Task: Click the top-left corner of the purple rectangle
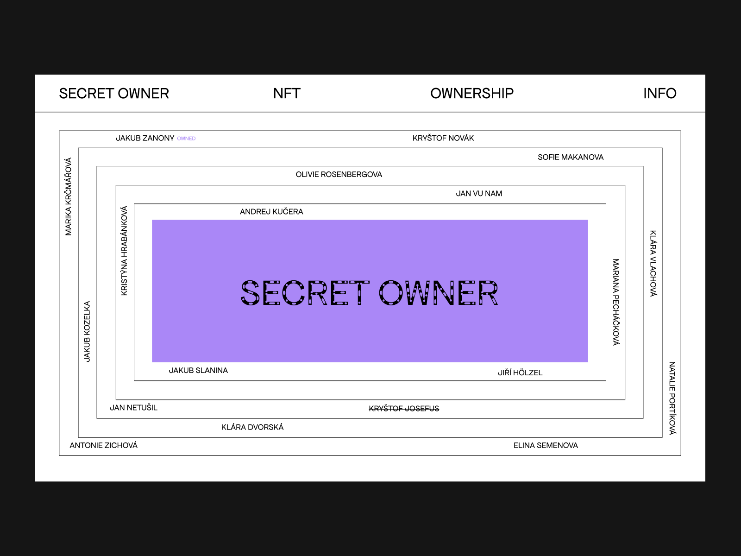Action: point(152,220)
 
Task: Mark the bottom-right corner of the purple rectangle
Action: point(588,362)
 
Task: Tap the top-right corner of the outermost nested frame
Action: point(681,131)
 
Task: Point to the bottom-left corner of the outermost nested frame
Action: point(59,456)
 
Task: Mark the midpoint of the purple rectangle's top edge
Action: point(370,220)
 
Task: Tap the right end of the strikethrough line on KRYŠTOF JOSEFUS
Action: point(439,409)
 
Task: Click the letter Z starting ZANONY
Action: point(145,138)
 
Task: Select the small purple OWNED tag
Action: point(186,139)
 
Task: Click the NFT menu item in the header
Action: point(287,94)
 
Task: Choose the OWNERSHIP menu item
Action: point(472,94)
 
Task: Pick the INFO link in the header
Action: point(659,94)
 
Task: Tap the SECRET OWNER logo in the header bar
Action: point(114,94)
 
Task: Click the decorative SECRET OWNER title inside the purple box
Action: point(369,293)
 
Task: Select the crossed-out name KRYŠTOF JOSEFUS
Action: point(404,409)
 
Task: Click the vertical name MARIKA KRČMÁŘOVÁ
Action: point(69,196)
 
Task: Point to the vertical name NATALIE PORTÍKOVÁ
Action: point(672,398)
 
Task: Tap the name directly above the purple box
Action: point(271,212)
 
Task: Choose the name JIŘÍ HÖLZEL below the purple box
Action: point(520,373)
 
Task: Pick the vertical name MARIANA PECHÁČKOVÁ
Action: point(616,302)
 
